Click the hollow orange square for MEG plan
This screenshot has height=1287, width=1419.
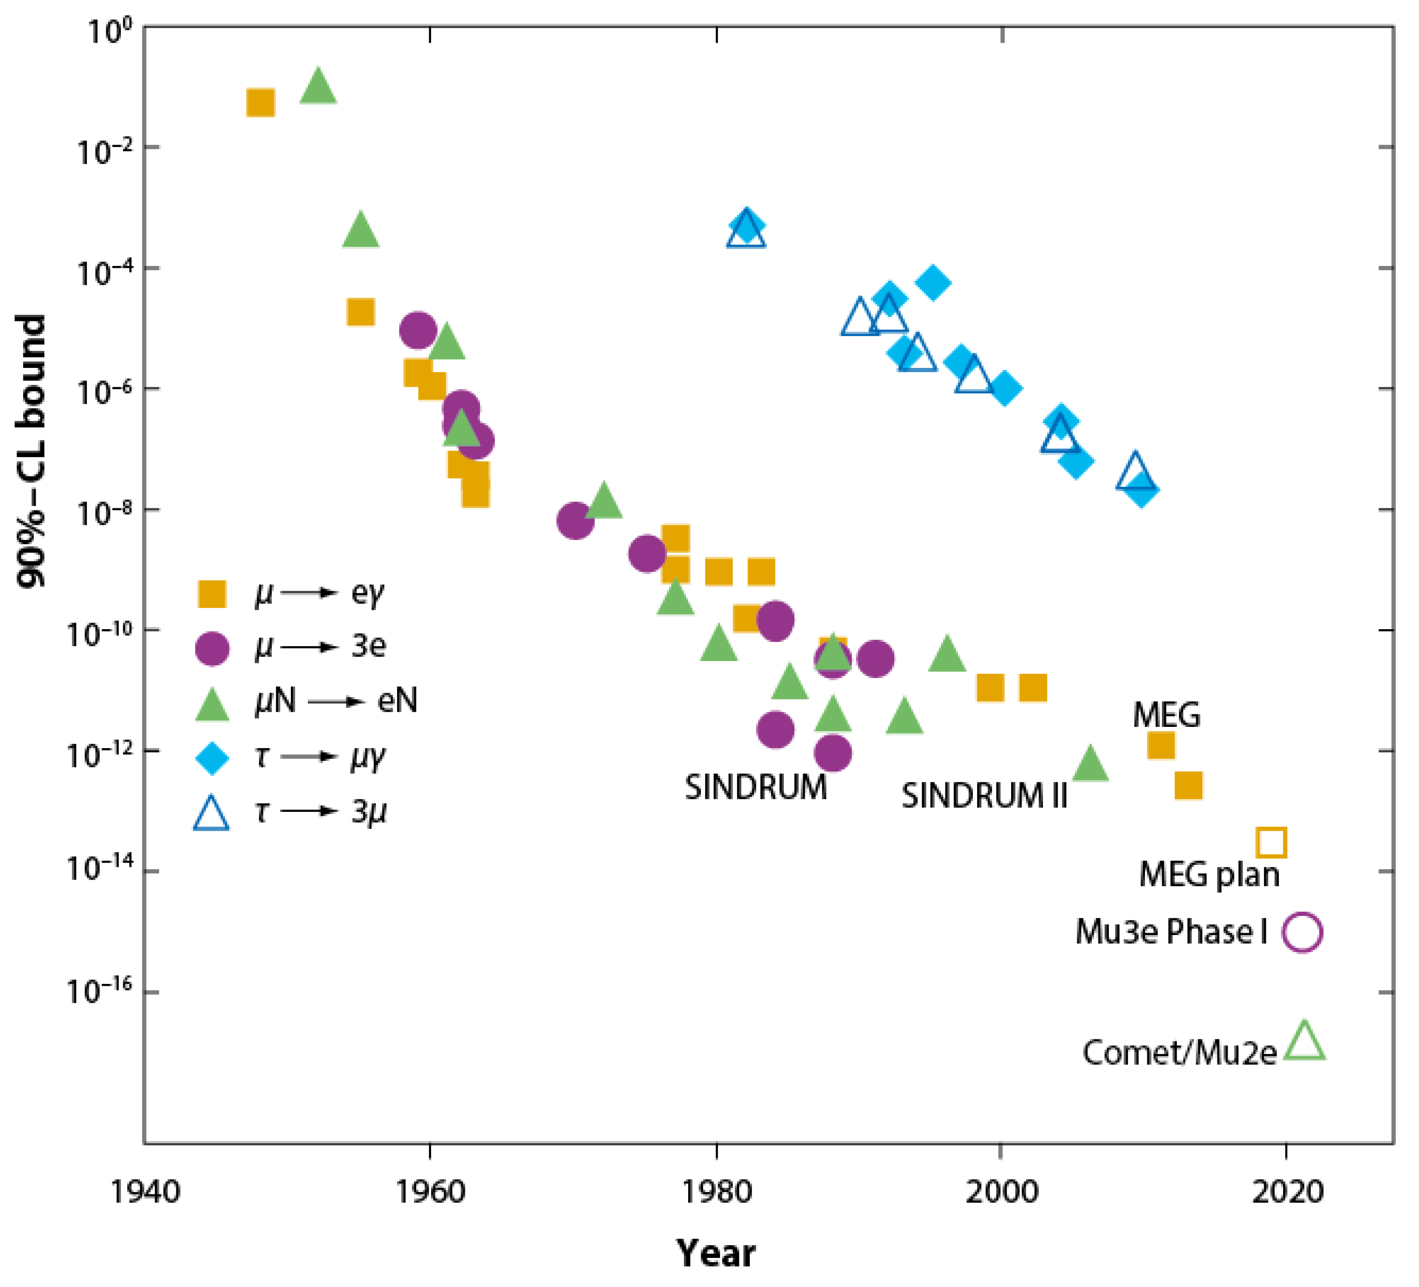(x=1271, y=842)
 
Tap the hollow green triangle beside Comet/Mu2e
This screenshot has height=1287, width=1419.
(x=1304, y=1043)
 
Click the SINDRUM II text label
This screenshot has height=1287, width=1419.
(x=984, y=796)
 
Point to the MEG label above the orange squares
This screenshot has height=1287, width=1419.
(x=1166, y=716)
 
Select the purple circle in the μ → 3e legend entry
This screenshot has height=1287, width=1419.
(x=211, y=647)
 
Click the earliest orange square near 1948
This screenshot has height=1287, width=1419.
(x=260, y=103)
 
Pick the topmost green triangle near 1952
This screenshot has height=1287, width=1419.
(x=318, y=86)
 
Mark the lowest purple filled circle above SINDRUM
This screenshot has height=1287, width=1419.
(x=833, y=753)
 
